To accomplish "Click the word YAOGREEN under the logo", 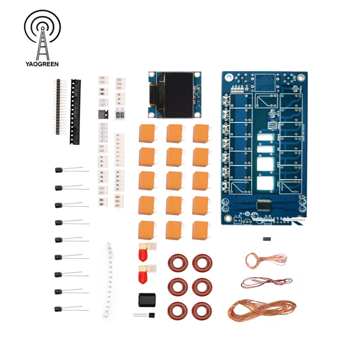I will click(x=42, y=64).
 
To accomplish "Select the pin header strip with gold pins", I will click(x=58, y=106).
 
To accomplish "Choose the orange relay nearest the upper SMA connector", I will click(x=147, y=229).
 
